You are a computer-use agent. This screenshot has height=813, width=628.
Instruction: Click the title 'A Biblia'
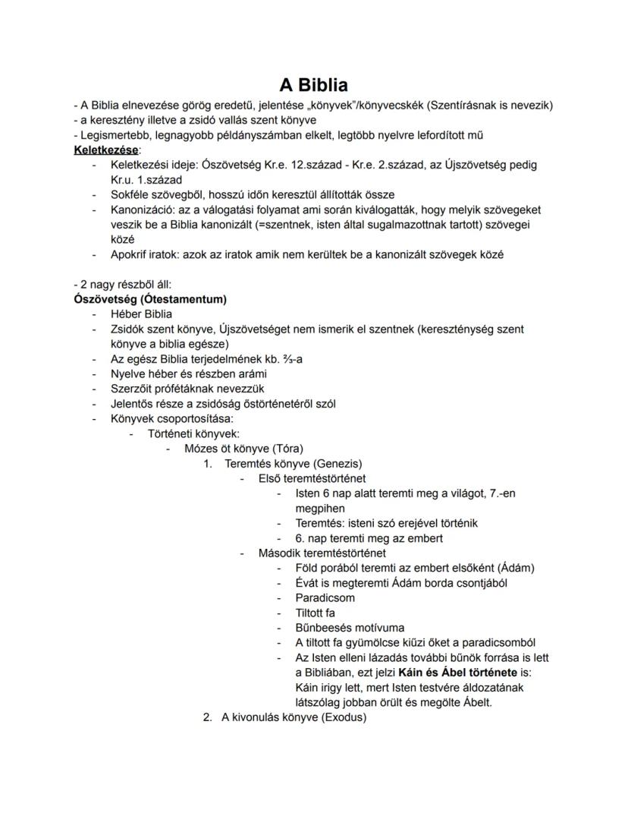pyautogui.click(x=313, y=84)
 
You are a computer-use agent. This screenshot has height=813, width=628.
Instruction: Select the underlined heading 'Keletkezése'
pyautogui.click(x=106, y=150)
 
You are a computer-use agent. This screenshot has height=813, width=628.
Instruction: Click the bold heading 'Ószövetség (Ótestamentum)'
pyautogui.click(x=150, y=299)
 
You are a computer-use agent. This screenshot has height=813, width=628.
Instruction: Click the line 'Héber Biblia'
pyautogui.click(x=141, y=314)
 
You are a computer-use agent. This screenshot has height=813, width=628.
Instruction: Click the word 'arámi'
pyautogui.click(x=246, y=373)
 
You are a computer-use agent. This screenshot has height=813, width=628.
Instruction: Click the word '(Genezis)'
pyautogui.click(x=334, y=463)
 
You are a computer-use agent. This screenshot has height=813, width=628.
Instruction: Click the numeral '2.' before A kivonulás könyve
pyautogui.click(x=207, y=717)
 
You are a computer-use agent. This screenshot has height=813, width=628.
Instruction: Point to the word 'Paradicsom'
pyautogui.click(x=325, y=597)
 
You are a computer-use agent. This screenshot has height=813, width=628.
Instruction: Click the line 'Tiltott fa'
pyautogui.click(x=315, y=613)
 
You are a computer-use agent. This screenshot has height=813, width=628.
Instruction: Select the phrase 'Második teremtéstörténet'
pyautogui.click(x=322, y=553)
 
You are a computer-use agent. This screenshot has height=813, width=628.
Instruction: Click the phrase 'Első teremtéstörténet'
pyautogui.click(x=312, y=478)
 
